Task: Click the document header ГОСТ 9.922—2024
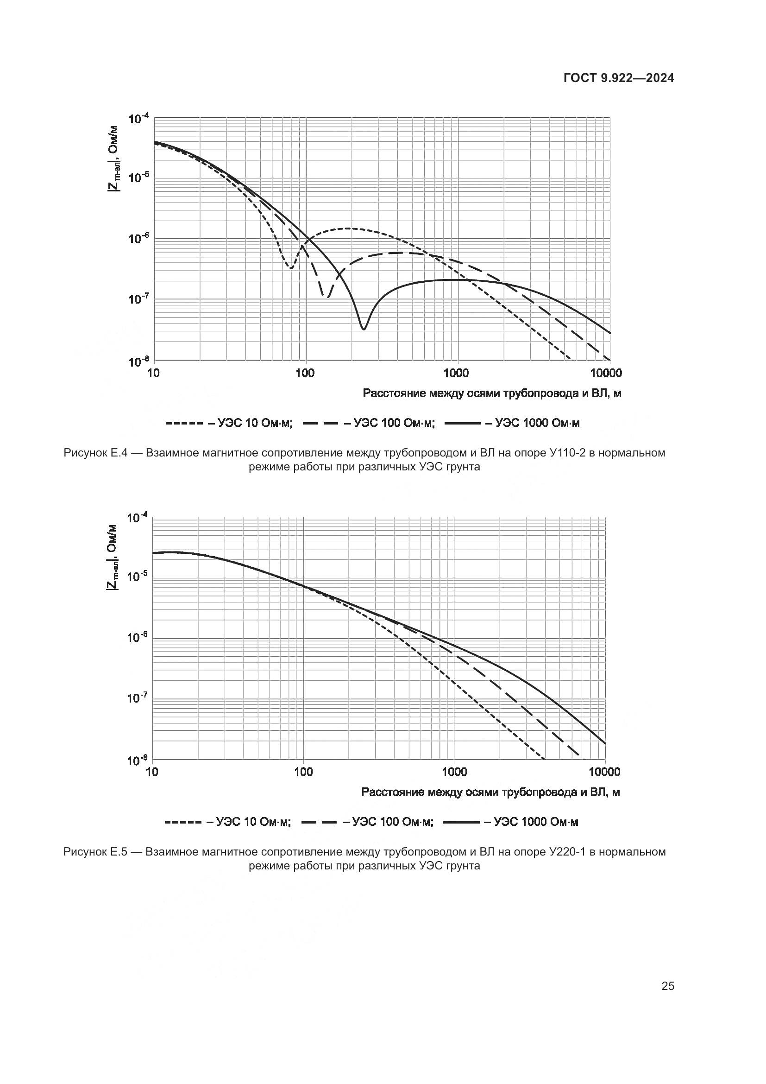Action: click(619, 78)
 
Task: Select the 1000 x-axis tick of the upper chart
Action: click(456, 374)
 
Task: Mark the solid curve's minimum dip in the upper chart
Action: click(363, 329)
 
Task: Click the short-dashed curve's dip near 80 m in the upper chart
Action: click(291, 268)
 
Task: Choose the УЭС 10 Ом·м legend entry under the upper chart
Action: click(229, 423)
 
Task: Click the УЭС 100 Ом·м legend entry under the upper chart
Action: click(368, 423)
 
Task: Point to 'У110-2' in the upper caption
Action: click(566, 453)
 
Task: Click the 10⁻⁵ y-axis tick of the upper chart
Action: click(138, 178)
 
